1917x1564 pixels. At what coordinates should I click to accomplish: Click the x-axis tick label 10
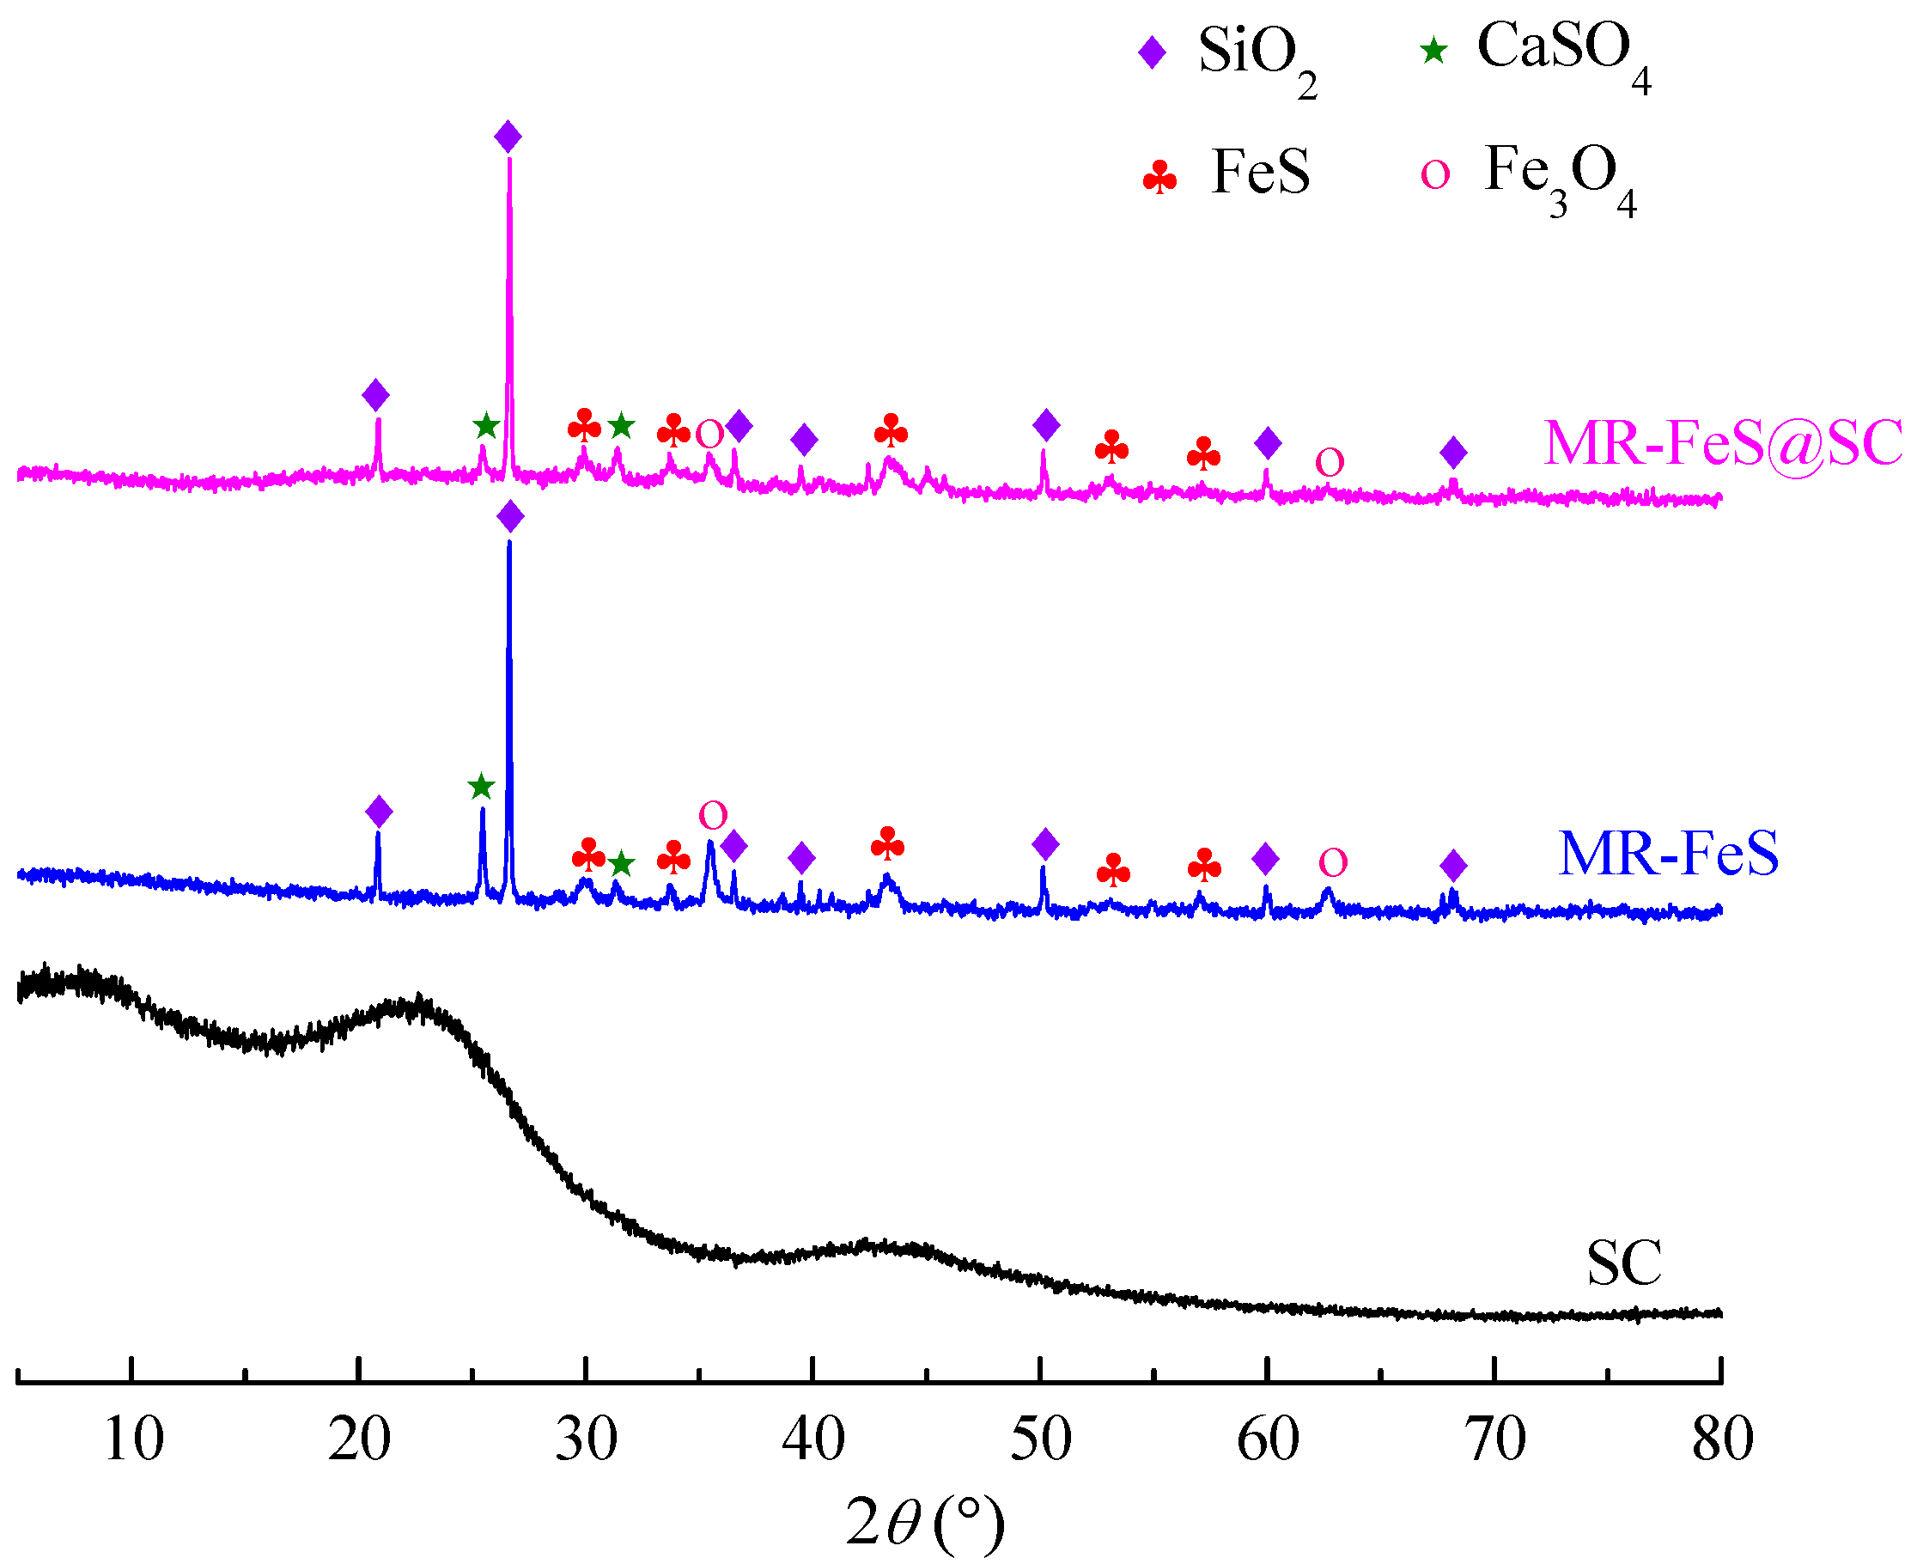[133, 1439]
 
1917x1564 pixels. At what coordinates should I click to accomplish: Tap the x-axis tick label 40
[813, 1439]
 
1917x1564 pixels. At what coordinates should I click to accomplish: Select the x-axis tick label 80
[1721, 1439]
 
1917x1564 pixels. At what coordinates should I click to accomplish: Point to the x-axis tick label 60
[1268, 1439]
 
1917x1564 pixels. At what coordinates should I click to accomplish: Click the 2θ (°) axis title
[924, 1522]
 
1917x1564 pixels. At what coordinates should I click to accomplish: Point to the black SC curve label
[1623, 1263]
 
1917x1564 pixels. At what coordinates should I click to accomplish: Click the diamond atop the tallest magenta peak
[508, 137]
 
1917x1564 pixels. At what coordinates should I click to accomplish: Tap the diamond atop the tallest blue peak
[510, 517]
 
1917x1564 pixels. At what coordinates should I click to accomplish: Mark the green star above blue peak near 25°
[482, 787]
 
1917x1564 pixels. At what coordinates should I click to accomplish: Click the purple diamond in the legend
[1153, 52]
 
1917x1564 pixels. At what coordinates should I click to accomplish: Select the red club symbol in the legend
[1159, 178]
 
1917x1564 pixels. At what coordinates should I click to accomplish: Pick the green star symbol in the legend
[1433, 52]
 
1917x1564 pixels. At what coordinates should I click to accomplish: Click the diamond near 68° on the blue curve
[1453, 866]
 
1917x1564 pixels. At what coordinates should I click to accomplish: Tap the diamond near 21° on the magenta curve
[375, 394]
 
